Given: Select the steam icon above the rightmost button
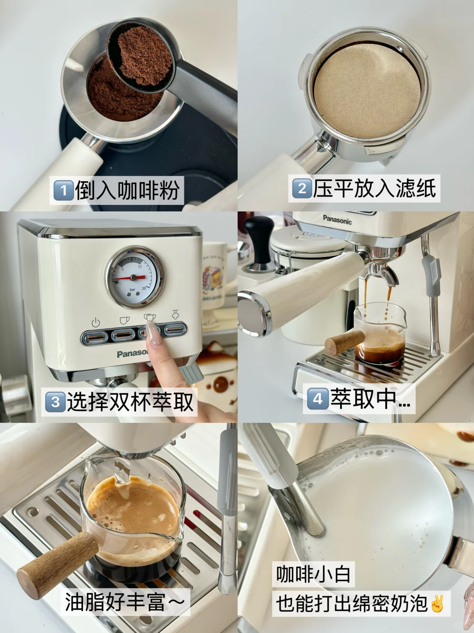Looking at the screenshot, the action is tap(175, 314).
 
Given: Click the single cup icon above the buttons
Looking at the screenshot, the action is tap(124, 320).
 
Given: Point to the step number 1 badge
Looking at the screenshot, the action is tap(63, 190).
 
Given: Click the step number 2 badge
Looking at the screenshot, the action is tap(302, 188).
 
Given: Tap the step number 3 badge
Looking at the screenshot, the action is tap(55, 402).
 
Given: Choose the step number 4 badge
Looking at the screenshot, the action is tap(317, 399).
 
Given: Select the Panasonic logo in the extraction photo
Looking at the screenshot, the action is tap(337, 220).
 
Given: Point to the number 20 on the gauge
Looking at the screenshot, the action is tap(144, 288).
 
